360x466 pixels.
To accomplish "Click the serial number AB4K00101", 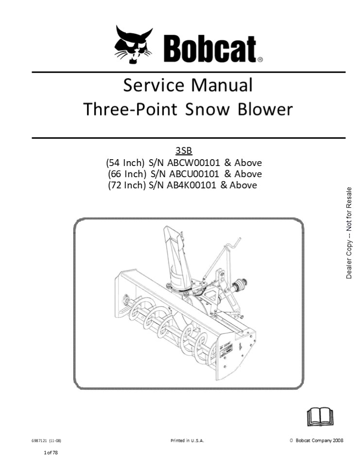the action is click(189, 185).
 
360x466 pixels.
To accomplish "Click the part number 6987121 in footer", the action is click(40, 441).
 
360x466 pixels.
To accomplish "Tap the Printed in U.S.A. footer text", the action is click(187, 441).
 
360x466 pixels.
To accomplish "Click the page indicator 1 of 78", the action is click(51, 453).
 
